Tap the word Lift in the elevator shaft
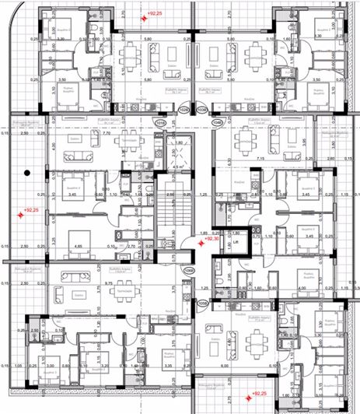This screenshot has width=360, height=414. (x=234, y=244)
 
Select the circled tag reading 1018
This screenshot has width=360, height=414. (x=161, y=122)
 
